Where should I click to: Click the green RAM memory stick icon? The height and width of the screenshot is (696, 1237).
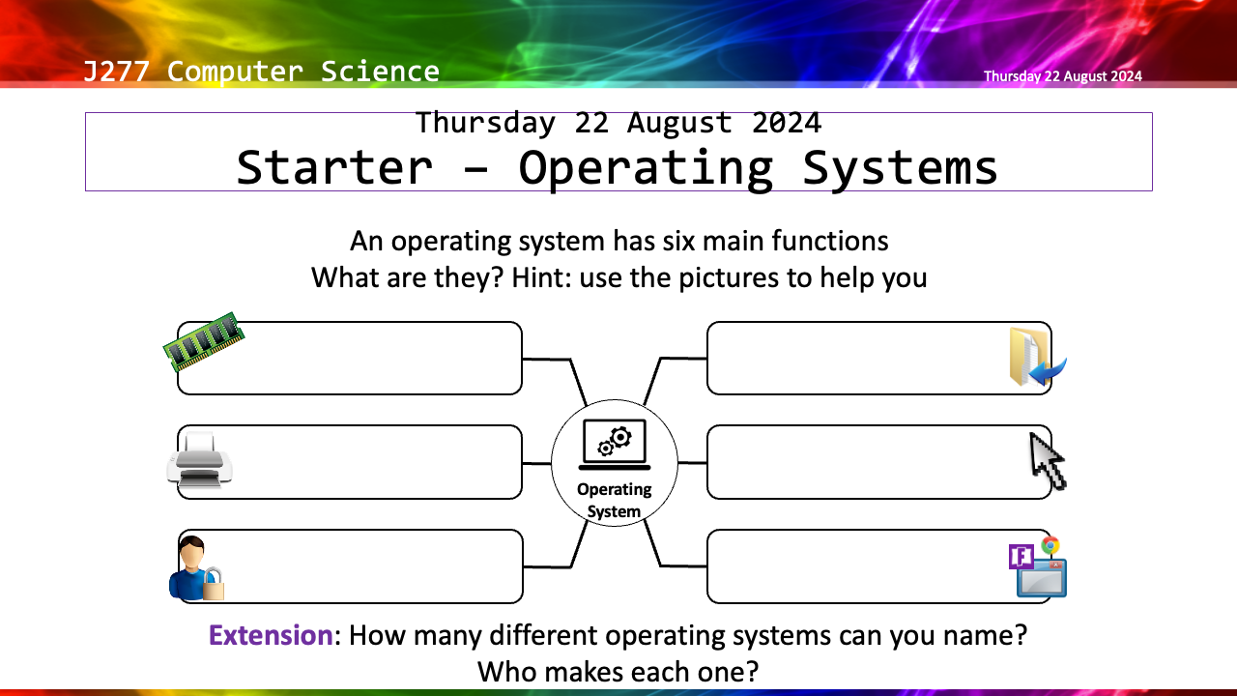tap(204, 341)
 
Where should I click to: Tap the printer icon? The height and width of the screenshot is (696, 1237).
tap(199, 461)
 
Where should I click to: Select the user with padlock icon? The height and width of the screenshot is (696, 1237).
tap(196, 568)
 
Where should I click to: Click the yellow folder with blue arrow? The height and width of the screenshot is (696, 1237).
tap(1037, 357)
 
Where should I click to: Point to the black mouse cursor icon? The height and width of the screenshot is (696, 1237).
tap(1048, 462)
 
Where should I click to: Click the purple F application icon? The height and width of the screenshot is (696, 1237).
tap(1021, 557)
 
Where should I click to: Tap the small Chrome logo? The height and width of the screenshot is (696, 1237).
tap(1050, 546)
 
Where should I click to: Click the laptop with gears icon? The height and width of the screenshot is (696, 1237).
tap(615, 445)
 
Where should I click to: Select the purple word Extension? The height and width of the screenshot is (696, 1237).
tap(271, 635)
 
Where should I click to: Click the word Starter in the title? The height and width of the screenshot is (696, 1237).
tap(334, 167)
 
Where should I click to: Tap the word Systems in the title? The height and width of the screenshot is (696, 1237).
tap(900, 168)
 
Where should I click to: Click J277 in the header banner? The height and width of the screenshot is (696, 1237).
tap(116, 72)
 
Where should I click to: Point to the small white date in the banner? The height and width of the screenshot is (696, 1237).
tap(1062, 76)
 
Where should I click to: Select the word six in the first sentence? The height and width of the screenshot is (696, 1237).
tap(678, 242)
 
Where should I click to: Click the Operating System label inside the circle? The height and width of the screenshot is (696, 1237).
tap(614, 500)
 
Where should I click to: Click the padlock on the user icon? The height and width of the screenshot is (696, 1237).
tap(214, 585)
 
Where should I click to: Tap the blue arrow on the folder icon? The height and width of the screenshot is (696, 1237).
tap(1048, 372)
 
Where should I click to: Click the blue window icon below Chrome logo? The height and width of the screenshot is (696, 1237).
tap(1042, 579)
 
